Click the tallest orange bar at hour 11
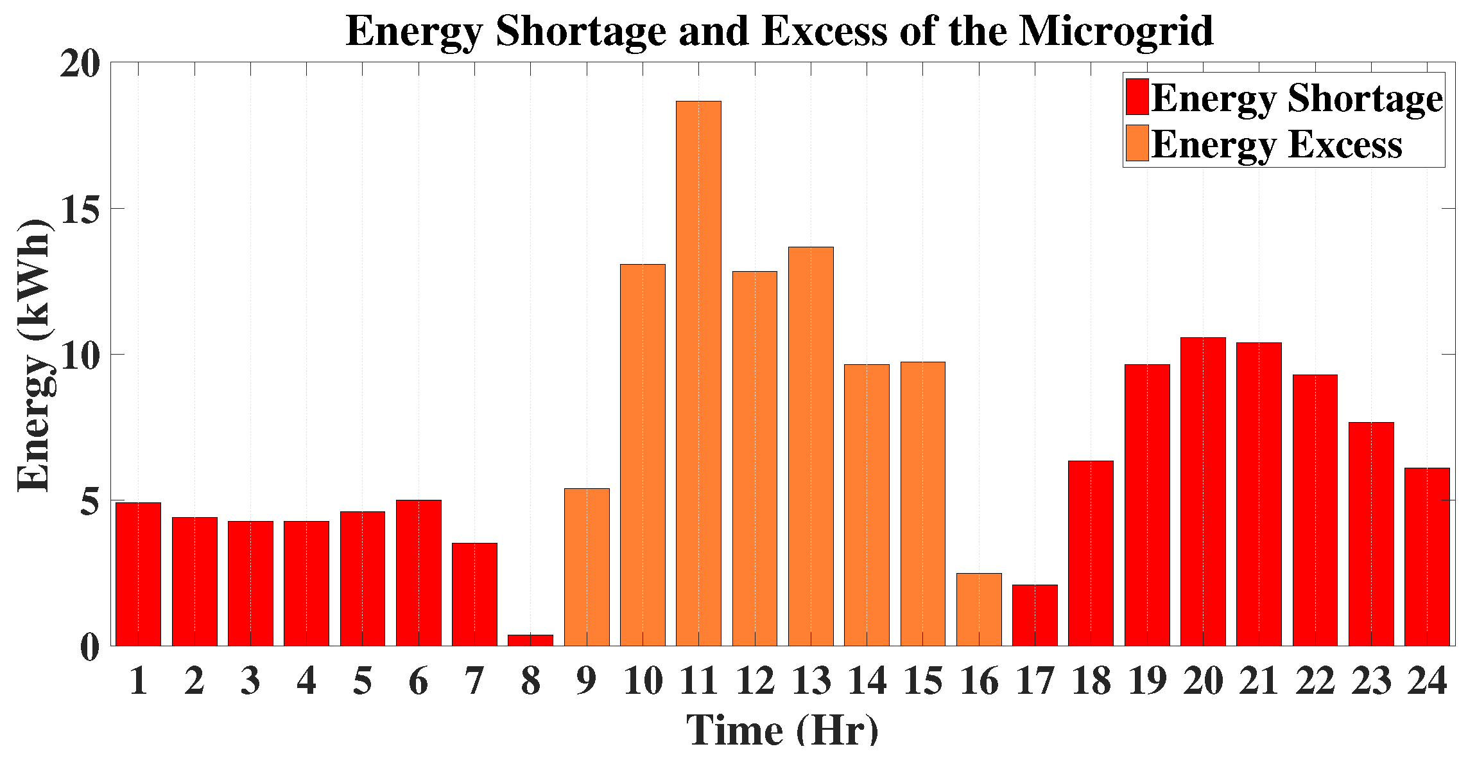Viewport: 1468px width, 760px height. point(698,373)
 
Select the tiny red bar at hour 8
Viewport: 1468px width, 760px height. point(530,640)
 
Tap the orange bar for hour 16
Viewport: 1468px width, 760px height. point(979,609)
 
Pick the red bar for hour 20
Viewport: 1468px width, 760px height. point(1203,491)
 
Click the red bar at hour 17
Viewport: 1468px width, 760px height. point(1035,615)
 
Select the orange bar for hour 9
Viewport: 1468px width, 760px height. point(587,567)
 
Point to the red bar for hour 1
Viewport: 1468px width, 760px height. point(138,574)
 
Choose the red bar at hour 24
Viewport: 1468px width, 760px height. point(1427,556)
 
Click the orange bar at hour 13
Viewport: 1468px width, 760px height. point(811,446)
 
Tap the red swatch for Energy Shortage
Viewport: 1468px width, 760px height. point(1137,97)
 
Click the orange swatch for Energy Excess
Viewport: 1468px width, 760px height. point(1137,143)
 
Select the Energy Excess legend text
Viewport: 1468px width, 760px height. point(1277,144)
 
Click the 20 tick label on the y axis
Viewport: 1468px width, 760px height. point(80,64)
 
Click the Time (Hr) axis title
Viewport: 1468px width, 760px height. point(782,730)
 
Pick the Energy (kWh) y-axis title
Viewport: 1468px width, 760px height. point(33,355)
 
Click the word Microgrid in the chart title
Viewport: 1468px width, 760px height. point(1116,30)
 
